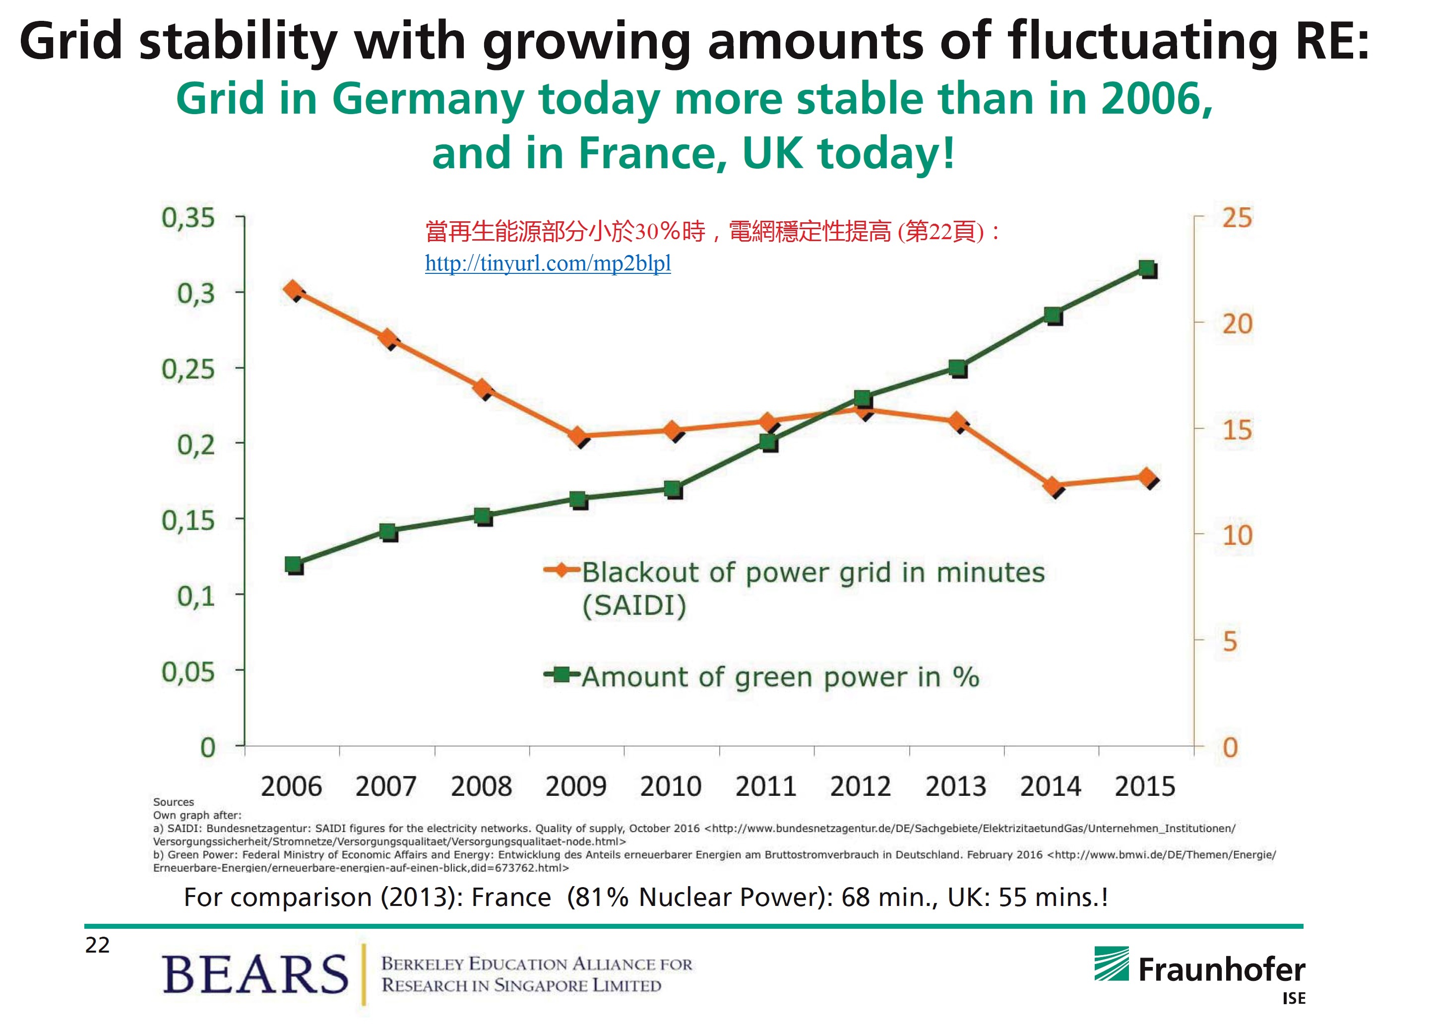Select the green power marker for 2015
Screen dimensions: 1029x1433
1147,268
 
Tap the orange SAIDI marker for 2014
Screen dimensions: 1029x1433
1053,486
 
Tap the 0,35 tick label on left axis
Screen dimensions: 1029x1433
188,218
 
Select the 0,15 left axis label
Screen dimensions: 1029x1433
188,520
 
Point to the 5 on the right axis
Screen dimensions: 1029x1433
1230,641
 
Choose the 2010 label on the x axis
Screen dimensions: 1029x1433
671,786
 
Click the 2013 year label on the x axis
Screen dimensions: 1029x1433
955,786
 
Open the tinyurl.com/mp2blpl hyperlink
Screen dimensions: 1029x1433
548,263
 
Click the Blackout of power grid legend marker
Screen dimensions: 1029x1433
561,571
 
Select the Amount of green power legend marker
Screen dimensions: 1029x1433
561,675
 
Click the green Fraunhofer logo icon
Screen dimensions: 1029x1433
1112,964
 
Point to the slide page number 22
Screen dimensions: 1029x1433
97,945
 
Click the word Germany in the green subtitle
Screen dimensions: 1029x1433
428,99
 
